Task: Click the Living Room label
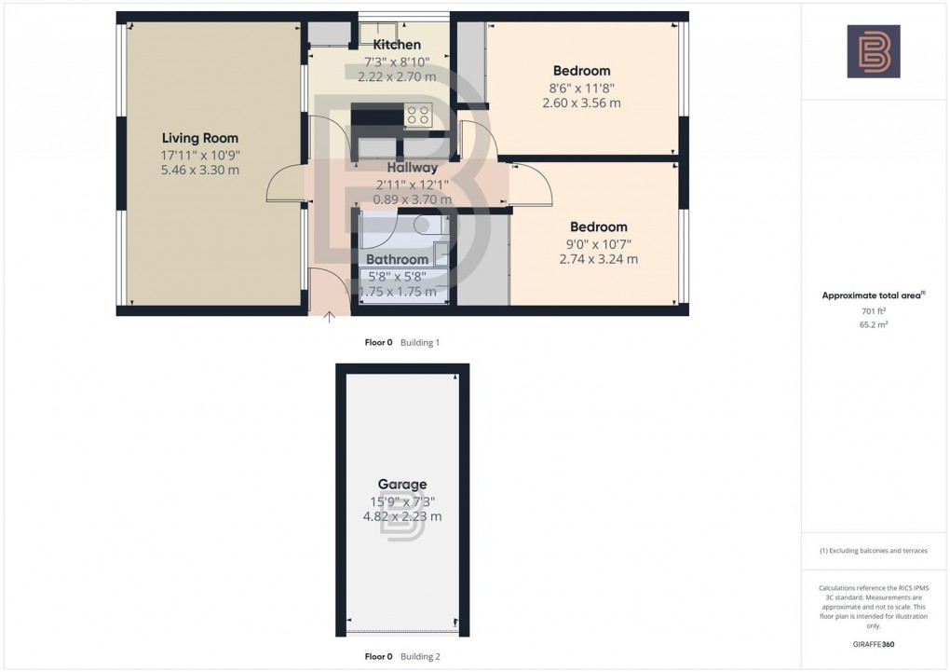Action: [x=200, y=138]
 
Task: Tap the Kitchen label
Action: [x=397, y=45]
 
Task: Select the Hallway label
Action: [x=413, y=168]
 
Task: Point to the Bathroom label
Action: [x=398, y=259]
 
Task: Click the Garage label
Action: [x=402, y=485]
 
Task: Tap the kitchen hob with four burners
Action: [x=418, y=116]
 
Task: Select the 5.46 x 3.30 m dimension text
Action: [x=200, y=171]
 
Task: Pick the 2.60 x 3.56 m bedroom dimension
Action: [x=581, y=103]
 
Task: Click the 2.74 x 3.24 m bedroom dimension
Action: [x=599, y=259]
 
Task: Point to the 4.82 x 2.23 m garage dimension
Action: [x=402, y=516]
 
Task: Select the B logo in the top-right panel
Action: [x=874, y=51]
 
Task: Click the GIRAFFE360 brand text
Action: [x=874, y=644]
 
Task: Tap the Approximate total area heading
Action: [x=873, y=295]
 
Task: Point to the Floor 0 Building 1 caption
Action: [x=401, y=343]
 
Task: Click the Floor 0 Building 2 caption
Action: [x=401, y=656]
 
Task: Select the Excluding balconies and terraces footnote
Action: [x=874, y=551]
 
